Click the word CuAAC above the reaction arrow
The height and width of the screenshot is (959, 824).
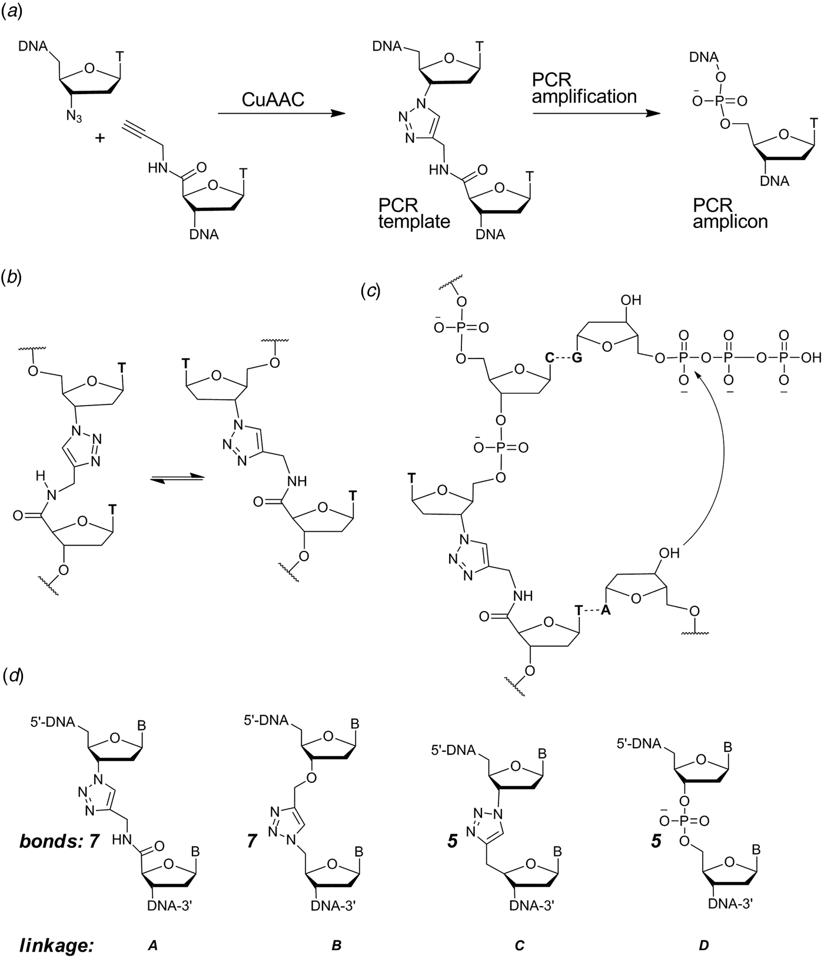click(273, 99)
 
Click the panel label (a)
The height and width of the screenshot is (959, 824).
click(12, 12)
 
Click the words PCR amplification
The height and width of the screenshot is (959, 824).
click(584, 87)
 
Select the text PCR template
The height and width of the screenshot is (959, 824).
click(414, 213)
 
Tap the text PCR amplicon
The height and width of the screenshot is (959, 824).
click(730, 213)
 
